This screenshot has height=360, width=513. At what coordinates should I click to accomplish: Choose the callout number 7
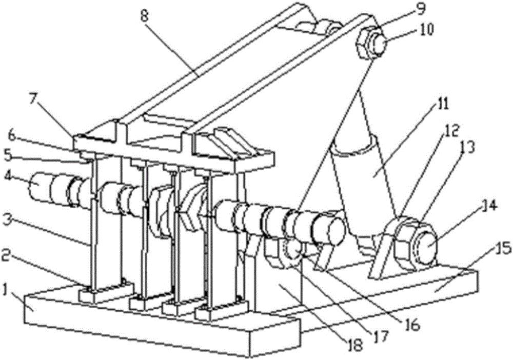pos(32,101)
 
